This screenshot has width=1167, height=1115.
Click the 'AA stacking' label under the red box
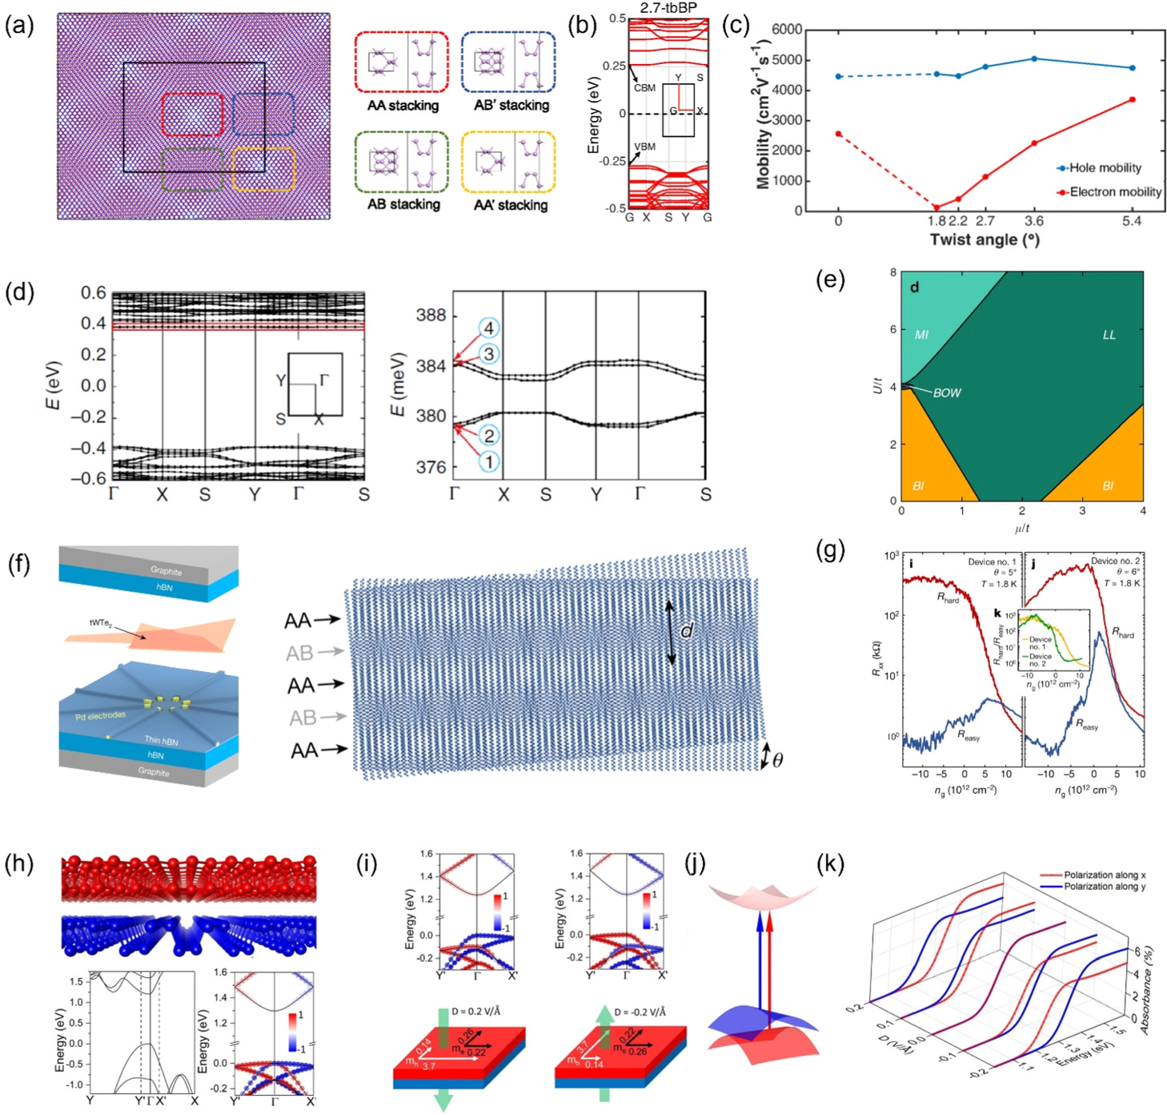[x=403, y=106]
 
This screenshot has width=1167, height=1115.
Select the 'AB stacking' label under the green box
[x=403, y=204]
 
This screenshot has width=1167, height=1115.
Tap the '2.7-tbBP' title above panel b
[x=668, y=9]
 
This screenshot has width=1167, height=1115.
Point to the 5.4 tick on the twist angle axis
[x=1131, y=222]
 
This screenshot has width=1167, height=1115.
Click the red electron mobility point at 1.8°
[x=936, y=207]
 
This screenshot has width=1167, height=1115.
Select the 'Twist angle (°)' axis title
[x=984, y=240]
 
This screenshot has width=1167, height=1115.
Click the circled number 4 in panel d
[x=488, y=328]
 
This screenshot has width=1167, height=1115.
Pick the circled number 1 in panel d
[x=488, y=461]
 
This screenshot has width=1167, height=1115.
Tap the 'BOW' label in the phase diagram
[x=946, y=393]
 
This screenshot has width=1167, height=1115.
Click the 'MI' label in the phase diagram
[x=921, y=335]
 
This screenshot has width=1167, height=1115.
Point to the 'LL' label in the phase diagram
[x=1109, y=335]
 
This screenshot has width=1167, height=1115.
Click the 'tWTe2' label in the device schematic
[x=105, y=622]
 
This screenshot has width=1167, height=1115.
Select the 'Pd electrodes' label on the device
[x=100, y=715]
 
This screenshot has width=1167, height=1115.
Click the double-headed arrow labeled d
[x=671, y=633]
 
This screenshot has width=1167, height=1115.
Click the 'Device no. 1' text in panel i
[x=992, y=562]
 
